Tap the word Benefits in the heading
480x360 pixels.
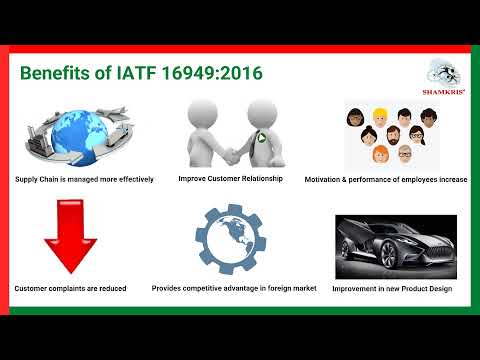[x=57, y=74]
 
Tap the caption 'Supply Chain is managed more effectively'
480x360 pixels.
[x=84, y=179]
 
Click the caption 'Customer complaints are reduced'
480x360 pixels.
[x=70, y=288]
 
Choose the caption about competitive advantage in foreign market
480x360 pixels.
[x=234, y=288]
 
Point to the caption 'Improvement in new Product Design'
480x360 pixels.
[x=393, y=289]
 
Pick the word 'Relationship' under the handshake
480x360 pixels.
[x=261, y=179]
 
